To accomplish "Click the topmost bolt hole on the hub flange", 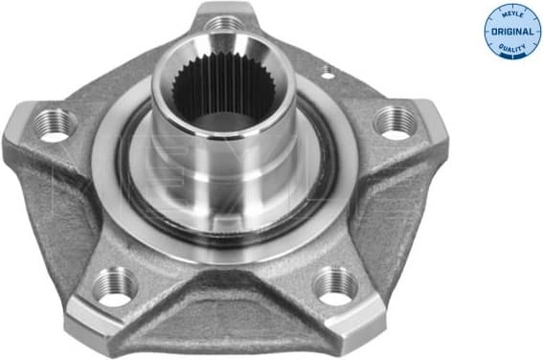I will pyautogui.click(x=225, y=22).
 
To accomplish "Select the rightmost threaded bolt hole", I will pyautogui.click(x=396, y=121).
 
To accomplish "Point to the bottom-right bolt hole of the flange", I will pyautogui.click(x=336, y=284).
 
